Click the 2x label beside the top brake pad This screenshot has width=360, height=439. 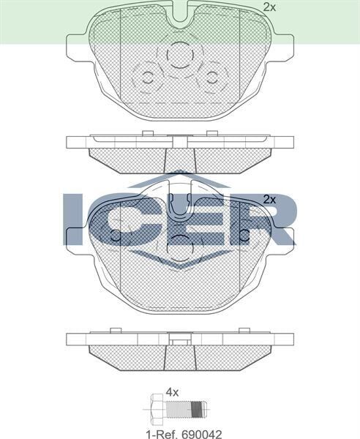coord(269,7)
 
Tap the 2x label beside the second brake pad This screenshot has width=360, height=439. coord(269,199)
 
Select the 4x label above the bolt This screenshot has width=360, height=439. coord(172,392)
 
